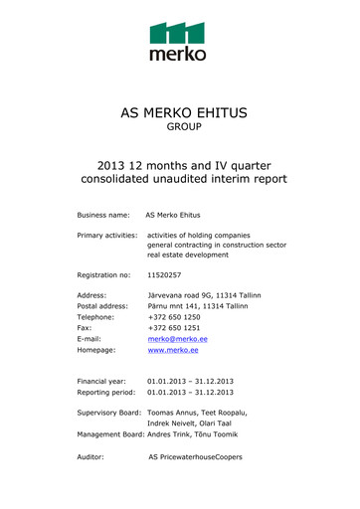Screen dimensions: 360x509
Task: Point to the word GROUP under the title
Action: point(179,129)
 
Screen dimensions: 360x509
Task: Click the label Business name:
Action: point(105,214)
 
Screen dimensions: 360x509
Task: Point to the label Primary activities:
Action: point(108,235)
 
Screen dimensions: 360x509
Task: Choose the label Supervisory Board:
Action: point(109,412)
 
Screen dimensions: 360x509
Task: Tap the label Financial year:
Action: point(103,379)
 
